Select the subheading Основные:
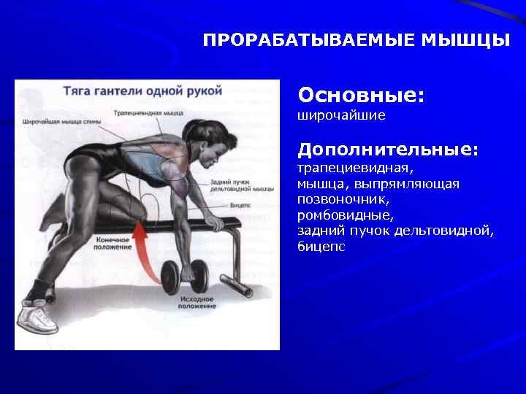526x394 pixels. click(361, 96)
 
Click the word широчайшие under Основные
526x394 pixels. click(341, 116)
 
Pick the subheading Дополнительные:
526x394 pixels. click(388, 150)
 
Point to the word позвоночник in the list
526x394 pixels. click(343, 199)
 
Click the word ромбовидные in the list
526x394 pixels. click(345, 215)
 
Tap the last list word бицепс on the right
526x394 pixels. click(321, 247)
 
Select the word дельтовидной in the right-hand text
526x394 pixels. click(444, 231)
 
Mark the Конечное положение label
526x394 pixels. click(113, 243)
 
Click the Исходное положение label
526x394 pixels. click(197, 302)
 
